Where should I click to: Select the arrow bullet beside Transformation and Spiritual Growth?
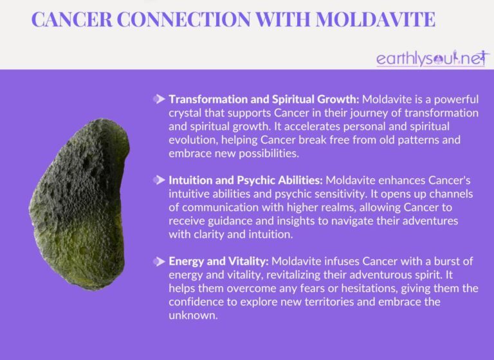click(x=159, y=100)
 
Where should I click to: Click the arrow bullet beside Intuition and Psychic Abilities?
click(x=159, y=179)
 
